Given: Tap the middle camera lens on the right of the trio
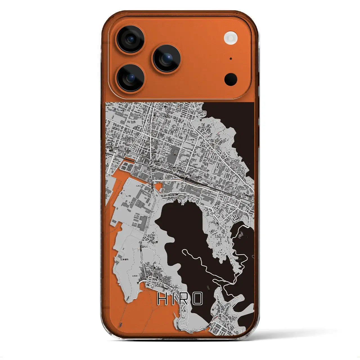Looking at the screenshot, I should coord(167,58).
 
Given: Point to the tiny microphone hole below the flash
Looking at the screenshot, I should coord(231,59).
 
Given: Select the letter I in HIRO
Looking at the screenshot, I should coord(173,299).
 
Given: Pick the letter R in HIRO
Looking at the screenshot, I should coord(183,299).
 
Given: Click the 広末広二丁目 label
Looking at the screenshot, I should coord(132,202).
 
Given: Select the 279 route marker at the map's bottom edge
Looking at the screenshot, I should coord(191,332).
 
